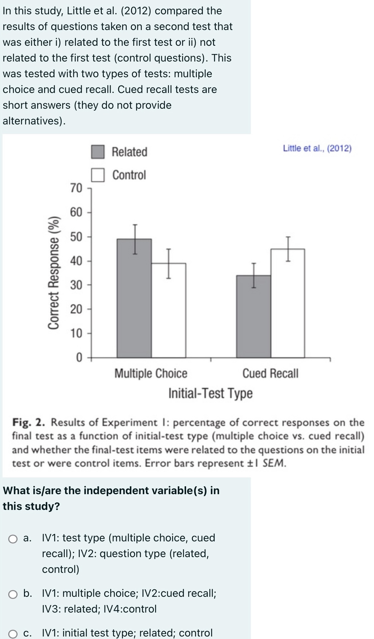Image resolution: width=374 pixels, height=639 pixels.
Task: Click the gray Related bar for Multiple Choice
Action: point(134,299)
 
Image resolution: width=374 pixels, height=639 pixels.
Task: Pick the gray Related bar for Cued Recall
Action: point(253,316)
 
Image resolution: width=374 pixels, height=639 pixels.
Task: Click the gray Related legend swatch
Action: point(97,152)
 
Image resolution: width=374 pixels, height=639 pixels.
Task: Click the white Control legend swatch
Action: point(97,175)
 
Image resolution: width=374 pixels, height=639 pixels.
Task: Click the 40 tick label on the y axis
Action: point(76,261)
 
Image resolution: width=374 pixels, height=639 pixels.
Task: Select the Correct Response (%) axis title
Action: point(54,272)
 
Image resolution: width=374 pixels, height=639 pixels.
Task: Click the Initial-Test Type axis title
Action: point(210,393)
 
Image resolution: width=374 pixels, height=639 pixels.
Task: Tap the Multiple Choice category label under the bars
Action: point(151,374)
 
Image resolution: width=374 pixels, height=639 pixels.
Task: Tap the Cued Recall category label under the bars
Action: point(270,374)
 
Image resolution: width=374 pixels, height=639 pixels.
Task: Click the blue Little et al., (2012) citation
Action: point(317,148)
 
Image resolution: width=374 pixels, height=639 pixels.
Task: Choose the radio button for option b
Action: point(13,594)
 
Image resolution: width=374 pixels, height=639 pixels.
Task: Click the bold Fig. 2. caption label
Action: point(29,422)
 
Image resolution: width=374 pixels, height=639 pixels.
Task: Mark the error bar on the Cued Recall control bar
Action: point(288,249)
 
